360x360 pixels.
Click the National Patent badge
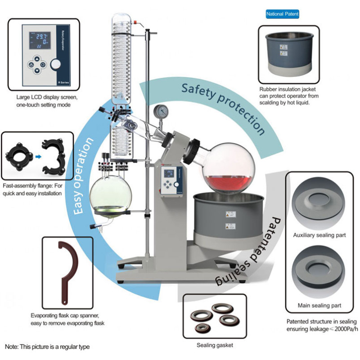282,14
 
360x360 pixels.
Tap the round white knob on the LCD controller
55,64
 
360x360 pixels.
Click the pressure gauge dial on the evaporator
160,111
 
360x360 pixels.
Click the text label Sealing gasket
215,345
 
